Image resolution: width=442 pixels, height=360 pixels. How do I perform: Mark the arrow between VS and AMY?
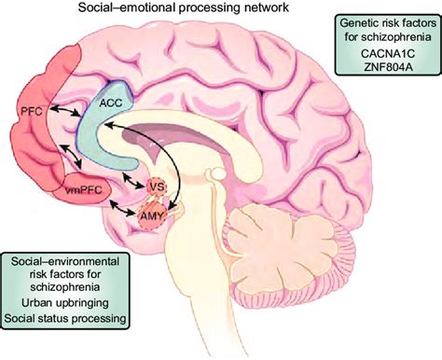(x=154, y=202)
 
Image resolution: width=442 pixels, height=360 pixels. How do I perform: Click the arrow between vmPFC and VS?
(x=126, y=187)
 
